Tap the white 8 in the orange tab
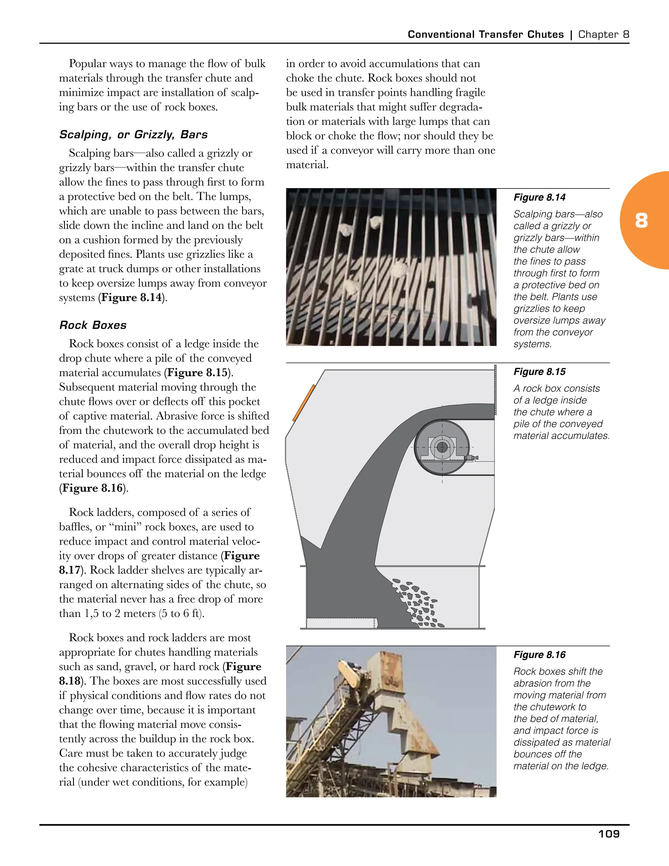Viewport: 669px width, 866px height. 641,221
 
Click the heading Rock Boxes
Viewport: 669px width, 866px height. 93,325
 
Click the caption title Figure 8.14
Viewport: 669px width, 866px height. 539,197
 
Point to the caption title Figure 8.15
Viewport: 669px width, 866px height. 539,372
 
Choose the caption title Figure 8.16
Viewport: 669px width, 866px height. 539,655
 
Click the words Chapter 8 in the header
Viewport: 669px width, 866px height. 604,35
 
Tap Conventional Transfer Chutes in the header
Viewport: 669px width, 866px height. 485,35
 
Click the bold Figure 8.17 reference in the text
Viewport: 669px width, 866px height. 242,556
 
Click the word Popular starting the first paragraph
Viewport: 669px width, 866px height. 88,64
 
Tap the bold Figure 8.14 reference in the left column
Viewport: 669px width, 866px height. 131,298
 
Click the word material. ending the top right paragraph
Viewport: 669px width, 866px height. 307,165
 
